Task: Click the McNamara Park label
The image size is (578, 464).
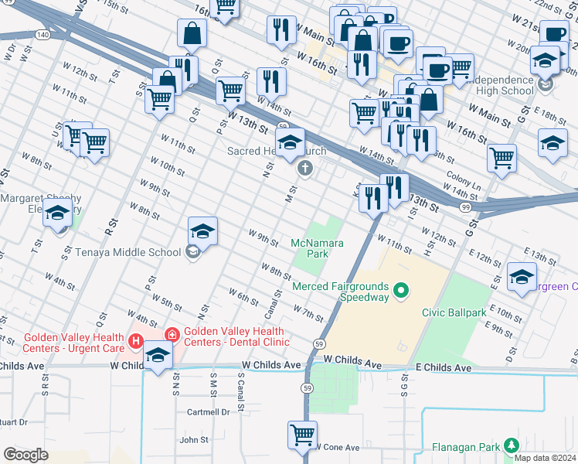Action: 317,247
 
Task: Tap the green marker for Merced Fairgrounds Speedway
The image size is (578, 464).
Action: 400,292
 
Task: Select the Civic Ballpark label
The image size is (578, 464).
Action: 454,312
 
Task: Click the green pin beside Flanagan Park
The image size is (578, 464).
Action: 511,445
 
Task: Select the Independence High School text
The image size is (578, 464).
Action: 501,85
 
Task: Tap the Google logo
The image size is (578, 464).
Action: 25,455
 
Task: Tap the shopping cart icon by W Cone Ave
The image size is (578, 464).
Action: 302,434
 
